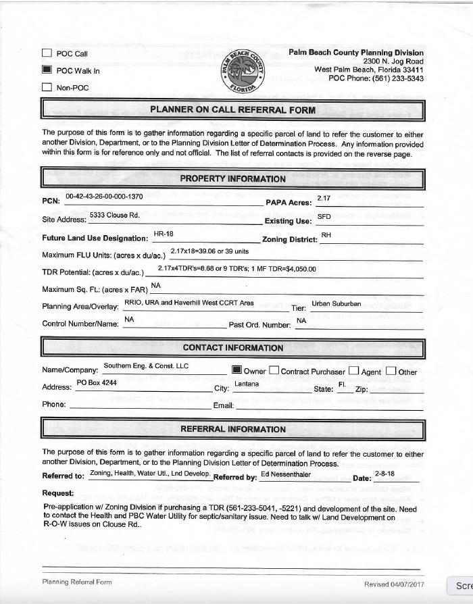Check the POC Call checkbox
47,53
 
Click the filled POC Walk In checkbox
47,70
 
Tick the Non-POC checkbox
47,86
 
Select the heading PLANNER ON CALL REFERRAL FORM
232,109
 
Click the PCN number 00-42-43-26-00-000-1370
104,197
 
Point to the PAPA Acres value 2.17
324,197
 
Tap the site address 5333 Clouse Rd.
114,215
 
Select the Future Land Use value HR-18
164,234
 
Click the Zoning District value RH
326,234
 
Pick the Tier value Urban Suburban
336,303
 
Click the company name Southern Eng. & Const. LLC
146,366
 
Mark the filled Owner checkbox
236,370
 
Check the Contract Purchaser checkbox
274,370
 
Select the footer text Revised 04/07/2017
394,584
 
